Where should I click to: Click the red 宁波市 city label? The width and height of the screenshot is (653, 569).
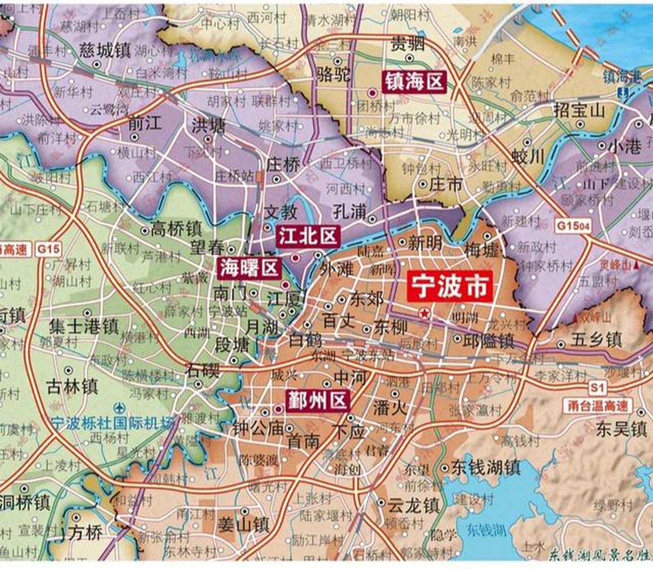pyautogui.click(x=450, y=287)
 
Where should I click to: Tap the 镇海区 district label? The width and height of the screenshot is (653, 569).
pyautogui.click(x=414, y=82)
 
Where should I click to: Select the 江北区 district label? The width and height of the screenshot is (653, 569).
pyautogui.click(x=308, y=236)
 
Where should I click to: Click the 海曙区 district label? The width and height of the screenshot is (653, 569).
pyautogui.click(x=249, y=268)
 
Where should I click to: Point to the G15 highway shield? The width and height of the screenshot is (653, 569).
pyautogui.click(x=48, y=248)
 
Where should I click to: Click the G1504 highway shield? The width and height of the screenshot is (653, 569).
pyautogui.click(x=573, y=226)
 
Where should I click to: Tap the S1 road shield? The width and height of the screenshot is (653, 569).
pyautogui.click(x=597, y=388)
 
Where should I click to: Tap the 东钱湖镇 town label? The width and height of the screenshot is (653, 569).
pyautogui.click(x=486, y=468)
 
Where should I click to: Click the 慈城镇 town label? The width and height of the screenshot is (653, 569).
pyautogui.click(x=105, y=50)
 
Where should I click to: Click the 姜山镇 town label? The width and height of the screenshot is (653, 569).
pyautogui.click(x=243, y=525)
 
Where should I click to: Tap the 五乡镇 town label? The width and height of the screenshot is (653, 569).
pyautogui.click(x=596, y=341)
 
